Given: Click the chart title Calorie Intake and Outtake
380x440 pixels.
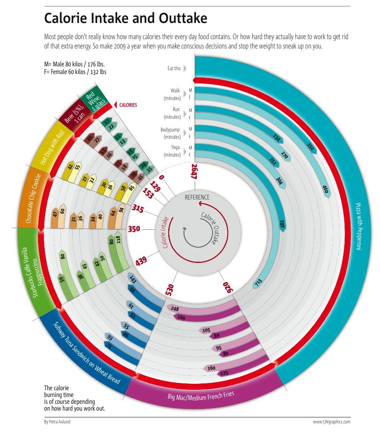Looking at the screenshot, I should pyautogui.click(x=126, y=19).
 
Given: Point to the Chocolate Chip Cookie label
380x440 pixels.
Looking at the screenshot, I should pyautogui.click(x=34, y=198).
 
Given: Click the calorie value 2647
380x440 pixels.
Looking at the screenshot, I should pyautogui.click(x=194, y=172).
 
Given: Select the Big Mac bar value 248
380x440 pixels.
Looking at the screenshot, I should pyautogui.click(x=174, y=309).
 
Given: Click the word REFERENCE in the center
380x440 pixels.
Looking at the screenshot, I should pyautogui.click(x=197, y=197).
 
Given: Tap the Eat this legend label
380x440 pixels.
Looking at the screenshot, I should pyautogui.click(x=174, y=68).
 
